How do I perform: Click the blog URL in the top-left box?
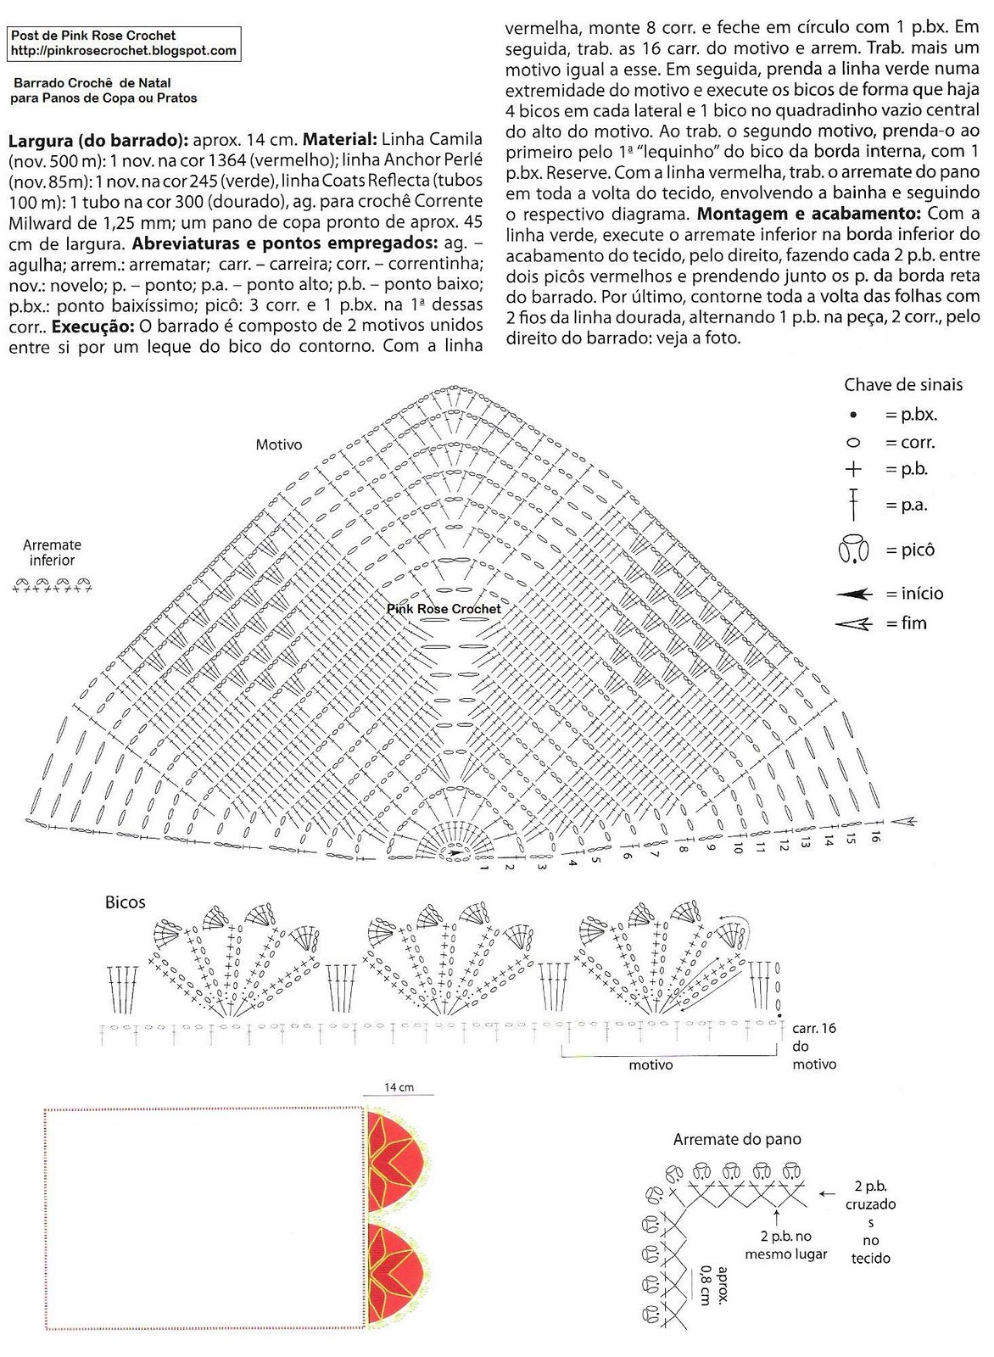pyautogui.click(x=123, y=50)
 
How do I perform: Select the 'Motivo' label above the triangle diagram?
pyautogui.click(x=279, y=444)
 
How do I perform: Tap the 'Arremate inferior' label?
pyautogui.click(x=53, y=552)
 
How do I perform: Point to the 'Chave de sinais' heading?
pyautogui.click(x=903, y=385)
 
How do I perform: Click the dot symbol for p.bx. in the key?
pyautogui.click(x=853, y=416)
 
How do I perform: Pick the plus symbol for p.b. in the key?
pyautogui.click(x=853, y=469)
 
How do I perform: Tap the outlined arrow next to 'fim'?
pyautogui.click(x=854, y=624)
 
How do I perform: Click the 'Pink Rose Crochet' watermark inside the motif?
pyautogui.click(x=444, y=609)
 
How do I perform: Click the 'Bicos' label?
pyautogui.click(x=126, y=902)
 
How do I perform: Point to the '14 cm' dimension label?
pyautogui.click(x=399, y=1087)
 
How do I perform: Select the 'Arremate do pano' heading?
pyautogui.click(x=737, y=1140)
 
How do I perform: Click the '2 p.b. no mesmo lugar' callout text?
pyautogui.click(x=786, y=1245)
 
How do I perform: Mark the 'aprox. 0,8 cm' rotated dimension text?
pyautogui.click(x=714, y=1284)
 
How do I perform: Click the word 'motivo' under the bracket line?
pyautogui.click(x=651, y=1064)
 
